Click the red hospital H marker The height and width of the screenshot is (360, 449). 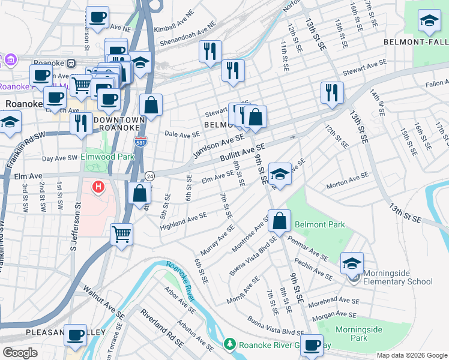click(98, 188)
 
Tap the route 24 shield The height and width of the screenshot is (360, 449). click(149, 176)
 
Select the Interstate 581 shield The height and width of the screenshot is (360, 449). click(138, 142)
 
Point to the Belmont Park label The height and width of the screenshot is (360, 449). click(319, 224)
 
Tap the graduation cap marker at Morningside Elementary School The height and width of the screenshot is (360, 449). click(352, 263)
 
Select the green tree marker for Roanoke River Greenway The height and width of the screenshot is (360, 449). click(228, 344)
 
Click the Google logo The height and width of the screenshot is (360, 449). click(20, 352)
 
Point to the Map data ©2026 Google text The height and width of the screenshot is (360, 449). click(411, 355)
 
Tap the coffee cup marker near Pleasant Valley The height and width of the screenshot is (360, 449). click(76, 335)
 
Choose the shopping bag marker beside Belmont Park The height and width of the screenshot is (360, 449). click(279, 221)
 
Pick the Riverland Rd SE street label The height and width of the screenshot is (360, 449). click(162, 328)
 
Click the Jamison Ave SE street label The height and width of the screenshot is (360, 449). click(218, 146)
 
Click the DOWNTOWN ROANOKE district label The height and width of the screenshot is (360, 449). click(118, 124)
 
